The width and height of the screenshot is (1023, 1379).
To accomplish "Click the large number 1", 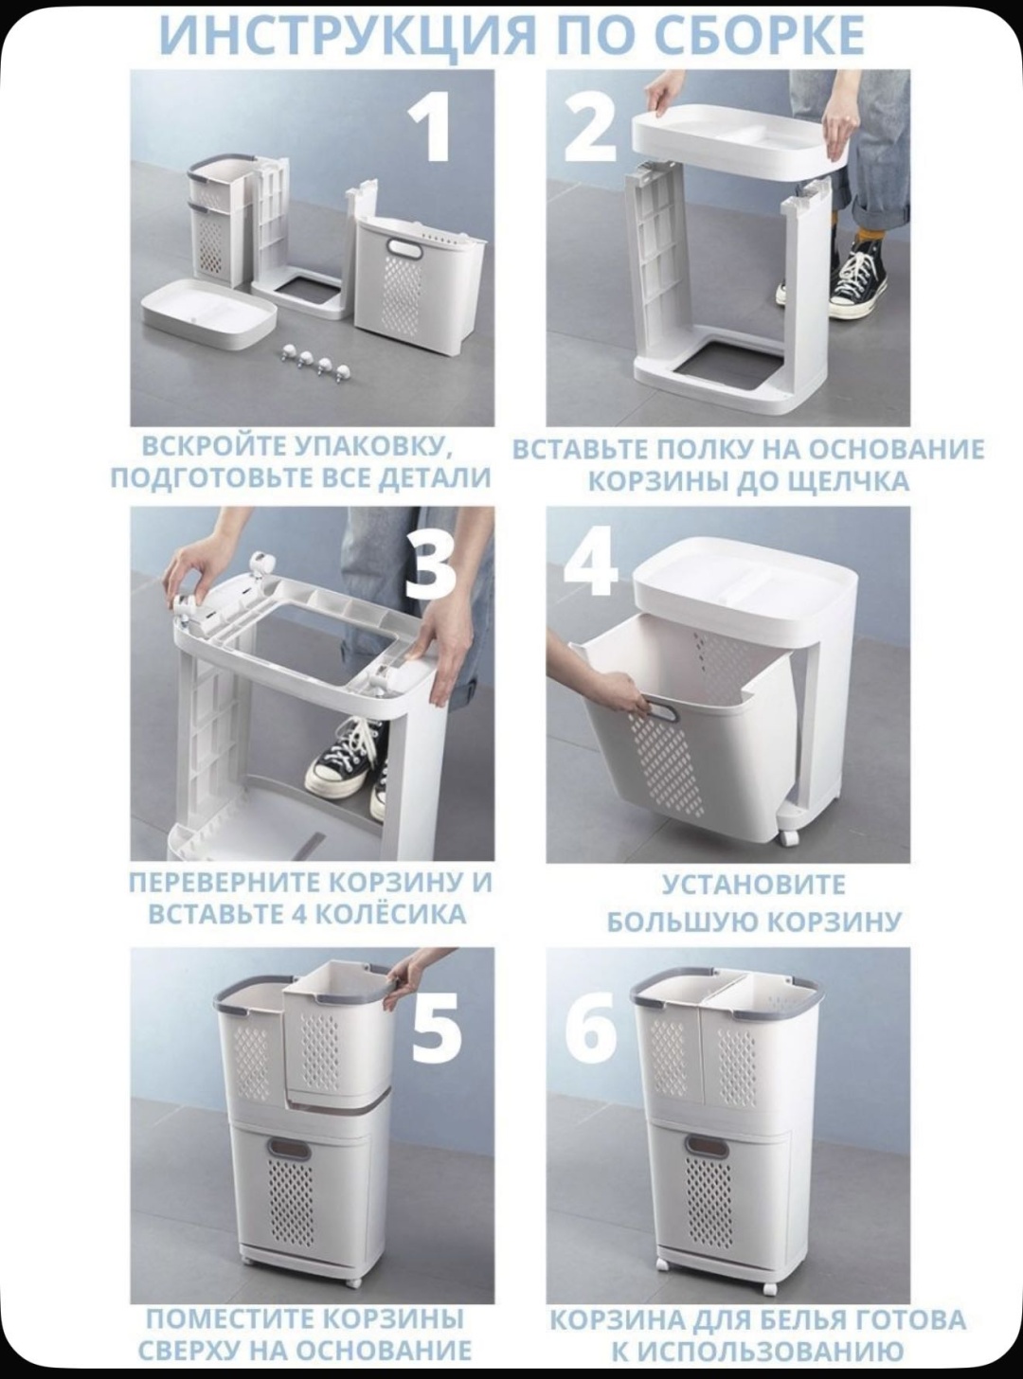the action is click(430, 133).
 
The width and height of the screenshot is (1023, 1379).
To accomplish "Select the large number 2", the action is click(591, 133).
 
